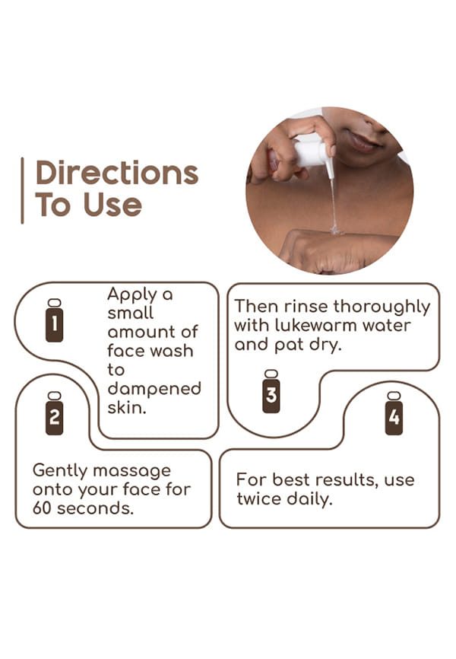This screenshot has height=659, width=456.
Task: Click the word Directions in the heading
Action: coord(117,172)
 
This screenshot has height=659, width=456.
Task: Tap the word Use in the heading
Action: coord(112,205)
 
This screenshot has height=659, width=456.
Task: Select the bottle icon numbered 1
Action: coord(55,320)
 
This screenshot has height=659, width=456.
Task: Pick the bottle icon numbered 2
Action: coord(55,413)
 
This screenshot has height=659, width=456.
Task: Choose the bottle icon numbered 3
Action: coord(271,391)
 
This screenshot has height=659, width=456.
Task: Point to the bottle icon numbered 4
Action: coord(394,413)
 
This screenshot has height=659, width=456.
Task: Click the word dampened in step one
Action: coord(154,389)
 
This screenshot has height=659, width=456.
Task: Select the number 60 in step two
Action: coord(42,508)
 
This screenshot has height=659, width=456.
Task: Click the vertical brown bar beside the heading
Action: coord(22,190)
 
